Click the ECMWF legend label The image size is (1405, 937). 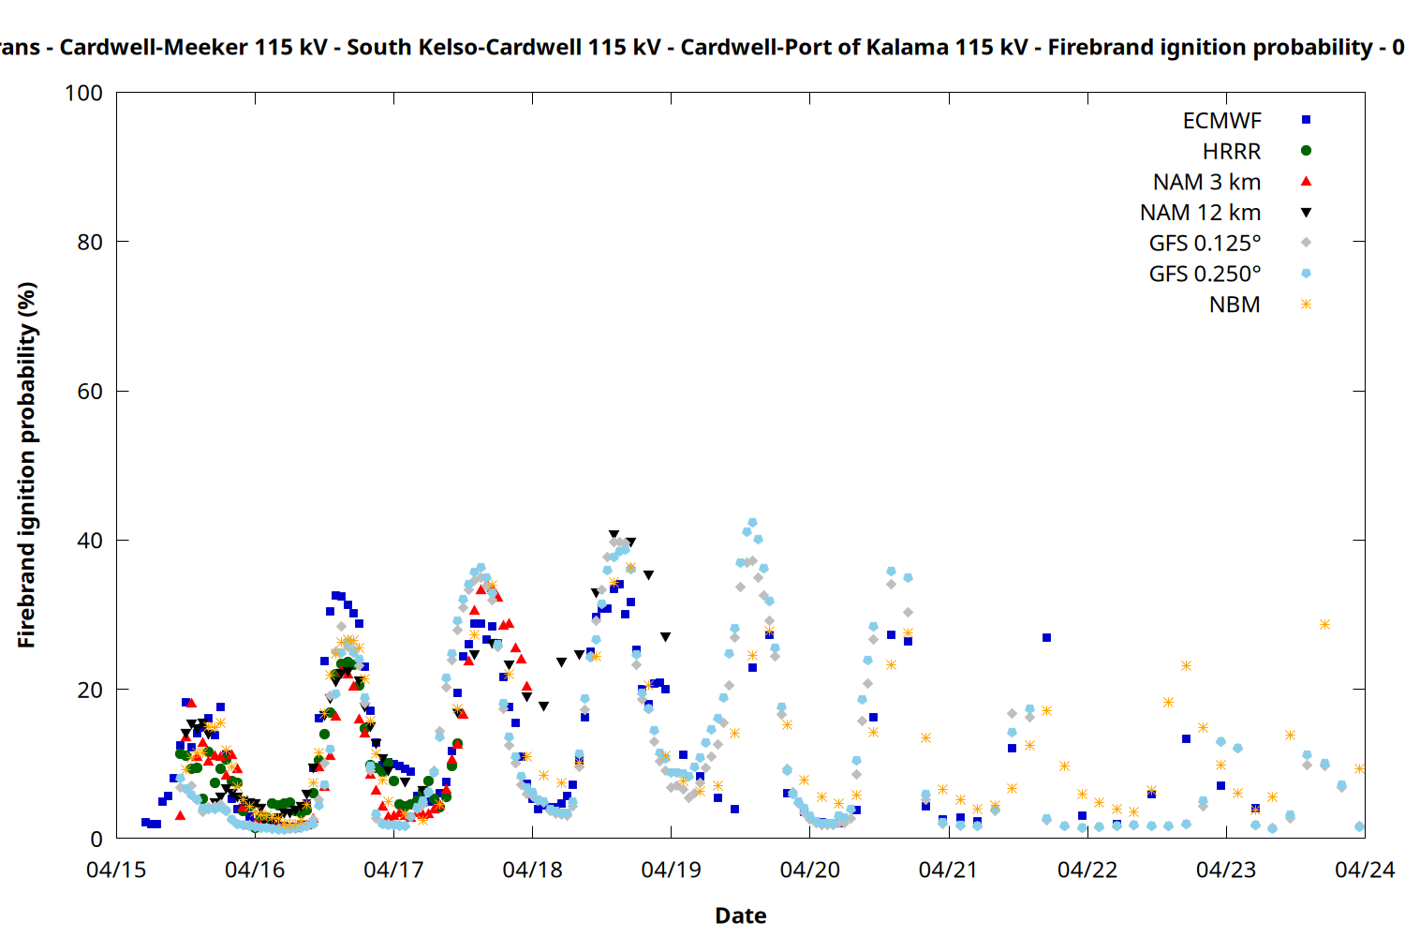coord(1221,121)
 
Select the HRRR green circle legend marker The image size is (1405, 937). coord(1306,151)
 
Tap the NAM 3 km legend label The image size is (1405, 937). coord(1206,182)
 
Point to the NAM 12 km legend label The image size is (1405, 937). coord(1200,213)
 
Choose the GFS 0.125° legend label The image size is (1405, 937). coord(1205,244)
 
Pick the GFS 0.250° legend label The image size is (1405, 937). coord(1205,275)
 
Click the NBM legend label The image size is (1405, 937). coord(1235,305)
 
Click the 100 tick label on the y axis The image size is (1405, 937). coord(83,93)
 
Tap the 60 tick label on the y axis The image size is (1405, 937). coord(90,392)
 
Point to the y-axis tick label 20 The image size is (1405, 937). coord(90,690)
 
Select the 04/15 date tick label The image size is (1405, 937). coord(116,870)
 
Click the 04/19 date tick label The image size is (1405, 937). coord(671,870)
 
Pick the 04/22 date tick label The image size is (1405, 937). coord(1087,870)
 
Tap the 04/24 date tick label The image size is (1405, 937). coord(1365,870)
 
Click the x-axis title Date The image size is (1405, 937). coord(740,915)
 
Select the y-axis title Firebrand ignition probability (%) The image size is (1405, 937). coord(27,465)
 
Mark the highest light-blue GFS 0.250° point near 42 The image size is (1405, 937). coord(752,523)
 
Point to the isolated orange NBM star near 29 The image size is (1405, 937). coord(1324,624)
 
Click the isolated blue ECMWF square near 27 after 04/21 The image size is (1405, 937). coord(1046,637)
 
